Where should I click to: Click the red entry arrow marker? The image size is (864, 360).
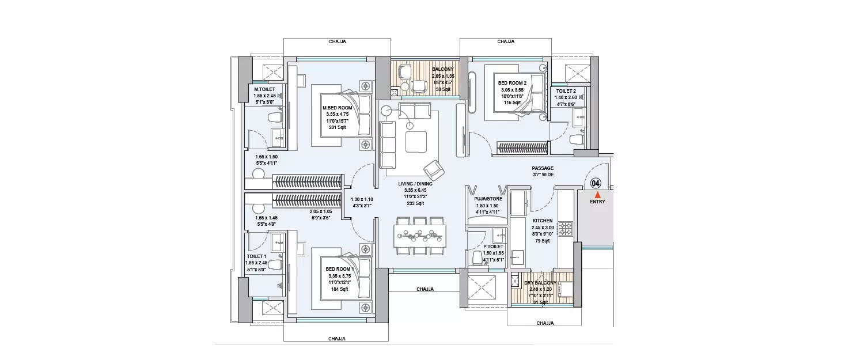point(597,195)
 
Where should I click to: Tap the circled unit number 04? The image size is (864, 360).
point(596,183)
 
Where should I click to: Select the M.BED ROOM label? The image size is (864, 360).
point(337,108)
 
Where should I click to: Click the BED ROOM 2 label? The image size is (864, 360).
point(512,83)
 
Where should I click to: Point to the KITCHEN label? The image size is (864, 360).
point(542,221)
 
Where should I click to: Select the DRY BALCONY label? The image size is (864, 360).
point(540,283)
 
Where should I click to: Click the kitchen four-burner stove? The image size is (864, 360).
point(564,229)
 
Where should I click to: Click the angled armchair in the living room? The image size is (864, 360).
point(433,170)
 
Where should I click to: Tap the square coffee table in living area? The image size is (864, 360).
point(416,141)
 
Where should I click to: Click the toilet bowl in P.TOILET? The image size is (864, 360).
point(478,257)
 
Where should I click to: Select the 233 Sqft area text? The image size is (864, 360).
point(415,203)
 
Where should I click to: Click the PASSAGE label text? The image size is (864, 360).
point(543,168)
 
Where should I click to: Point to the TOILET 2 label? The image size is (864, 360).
point(566,91)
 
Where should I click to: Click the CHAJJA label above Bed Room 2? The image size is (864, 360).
point(506,41)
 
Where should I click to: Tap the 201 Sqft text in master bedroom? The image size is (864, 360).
point(337,127)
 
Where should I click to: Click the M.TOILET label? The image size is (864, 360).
point(265,89)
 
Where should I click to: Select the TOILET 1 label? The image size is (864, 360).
point(257,256)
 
